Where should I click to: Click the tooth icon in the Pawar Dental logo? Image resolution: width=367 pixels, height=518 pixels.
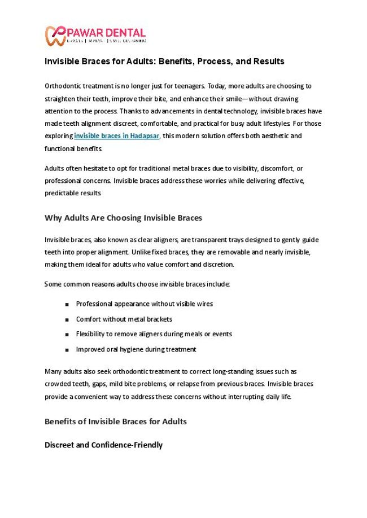55,36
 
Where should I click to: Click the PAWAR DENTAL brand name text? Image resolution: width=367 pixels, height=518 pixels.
106,33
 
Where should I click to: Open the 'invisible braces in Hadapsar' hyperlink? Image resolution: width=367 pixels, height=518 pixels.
117,136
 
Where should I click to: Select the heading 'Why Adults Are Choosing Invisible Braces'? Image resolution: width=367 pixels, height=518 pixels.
123,218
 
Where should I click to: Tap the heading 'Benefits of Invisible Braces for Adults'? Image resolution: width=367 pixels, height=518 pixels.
115,422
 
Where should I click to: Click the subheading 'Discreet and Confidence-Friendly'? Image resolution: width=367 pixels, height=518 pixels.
103,445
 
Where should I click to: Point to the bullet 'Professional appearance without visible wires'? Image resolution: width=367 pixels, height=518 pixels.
144,304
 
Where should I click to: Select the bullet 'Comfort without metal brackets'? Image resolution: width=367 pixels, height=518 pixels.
124,319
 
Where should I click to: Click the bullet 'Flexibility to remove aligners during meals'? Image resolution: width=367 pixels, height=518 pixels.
154,334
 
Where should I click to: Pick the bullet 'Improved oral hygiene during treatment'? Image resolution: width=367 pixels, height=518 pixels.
136,349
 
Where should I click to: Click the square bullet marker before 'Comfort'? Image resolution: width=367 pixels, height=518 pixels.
67,319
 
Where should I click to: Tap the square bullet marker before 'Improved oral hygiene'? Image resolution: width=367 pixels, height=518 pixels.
67,350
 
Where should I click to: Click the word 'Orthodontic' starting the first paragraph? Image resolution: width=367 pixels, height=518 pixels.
63,86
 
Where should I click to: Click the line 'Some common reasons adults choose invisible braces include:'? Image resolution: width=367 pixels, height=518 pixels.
137,284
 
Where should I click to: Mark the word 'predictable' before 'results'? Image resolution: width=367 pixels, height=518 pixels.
60,193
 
